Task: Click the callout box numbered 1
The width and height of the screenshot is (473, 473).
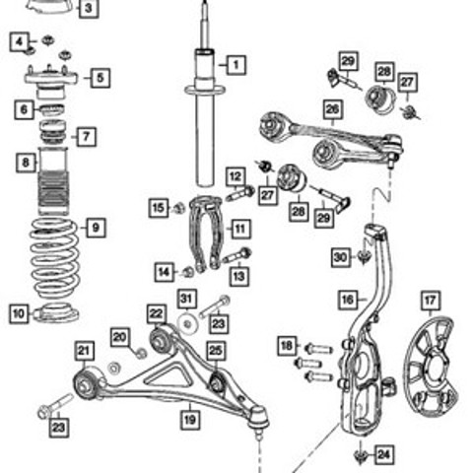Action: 236,65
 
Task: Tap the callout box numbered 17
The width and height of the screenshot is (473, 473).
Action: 431,301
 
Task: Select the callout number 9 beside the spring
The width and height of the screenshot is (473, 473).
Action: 96,228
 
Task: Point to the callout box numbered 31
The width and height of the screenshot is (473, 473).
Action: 187,299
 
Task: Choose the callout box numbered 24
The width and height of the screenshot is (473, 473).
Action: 383,454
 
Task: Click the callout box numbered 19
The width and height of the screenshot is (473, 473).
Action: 190,420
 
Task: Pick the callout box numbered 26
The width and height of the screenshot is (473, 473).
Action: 333,109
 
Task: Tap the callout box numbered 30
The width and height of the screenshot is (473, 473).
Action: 341,257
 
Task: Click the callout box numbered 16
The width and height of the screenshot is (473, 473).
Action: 348,300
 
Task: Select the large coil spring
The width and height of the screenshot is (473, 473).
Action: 54,258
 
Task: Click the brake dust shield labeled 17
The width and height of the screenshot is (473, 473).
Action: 431,367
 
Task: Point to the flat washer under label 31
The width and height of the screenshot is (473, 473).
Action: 187,324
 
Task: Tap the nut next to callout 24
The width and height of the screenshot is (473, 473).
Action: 361,456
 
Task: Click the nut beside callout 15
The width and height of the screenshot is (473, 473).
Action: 179,208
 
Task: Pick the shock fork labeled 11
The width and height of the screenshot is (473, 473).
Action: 206,234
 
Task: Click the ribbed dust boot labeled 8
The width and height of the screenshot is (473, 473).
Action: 53,181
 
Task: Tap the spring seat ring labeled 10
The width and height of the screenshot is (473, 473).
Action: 56,313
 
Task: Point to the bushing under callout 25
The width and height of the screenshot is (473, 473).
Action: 216,381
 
